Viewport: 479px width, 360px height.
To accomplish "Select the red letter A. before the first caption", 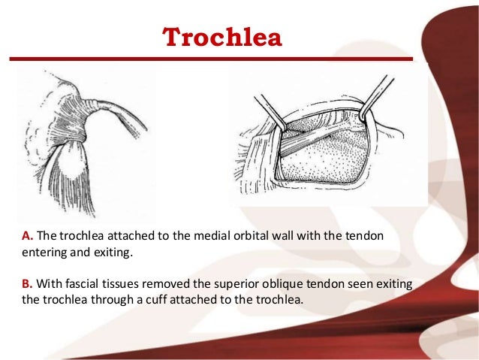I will pyautogui.click(x=28, y=236).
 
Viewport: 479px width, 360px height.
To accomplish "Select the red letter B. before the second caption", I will pyautogui.click(x=28, y=286).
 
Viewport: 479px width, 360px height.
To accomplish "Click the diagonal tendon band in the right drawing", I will pyautogui.click(x=315, y=139).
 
